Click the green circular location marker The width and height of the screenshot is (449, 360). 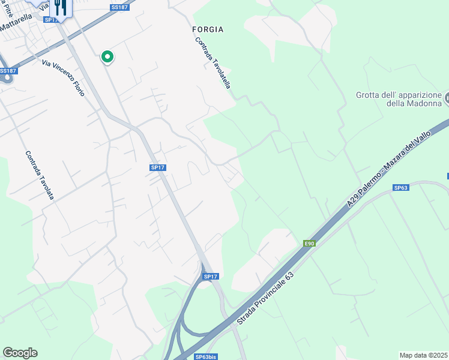tap(107, 56)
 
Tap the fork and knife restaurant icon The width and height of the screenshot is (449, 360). tap(59, 7)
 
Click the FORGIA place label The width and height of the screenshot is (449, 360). tap(208, 29)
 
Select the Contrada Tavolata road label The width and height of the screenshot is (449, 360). tap(40, 175)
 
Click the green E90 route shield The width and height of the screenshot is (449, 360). tap(309, 243)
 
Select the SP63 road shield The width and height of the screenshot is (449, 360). tap(401, 188)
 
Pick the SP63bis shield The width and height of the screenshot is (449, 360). tap(206, 356)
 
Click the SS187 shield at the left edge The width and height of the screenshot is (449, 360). tap(7, 71)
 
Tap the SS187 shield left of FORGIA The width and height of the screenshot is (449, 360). tap(119, 7)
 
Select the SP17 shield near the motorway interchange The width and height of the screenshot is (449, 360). tap(210, 277)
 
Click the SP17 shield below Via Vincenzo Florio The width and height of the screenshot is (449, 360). tap(157, 167)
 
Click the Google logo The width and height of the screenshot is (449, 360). tap(20, 353)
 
